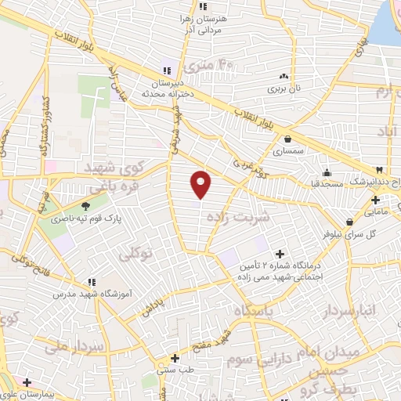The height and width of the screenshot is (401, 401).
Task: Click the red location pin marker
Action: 201,184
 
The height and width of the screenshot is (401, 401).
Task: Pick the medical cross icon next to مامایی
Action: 375,200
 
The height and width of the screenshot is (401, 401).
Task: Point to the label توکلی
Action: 137,255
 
